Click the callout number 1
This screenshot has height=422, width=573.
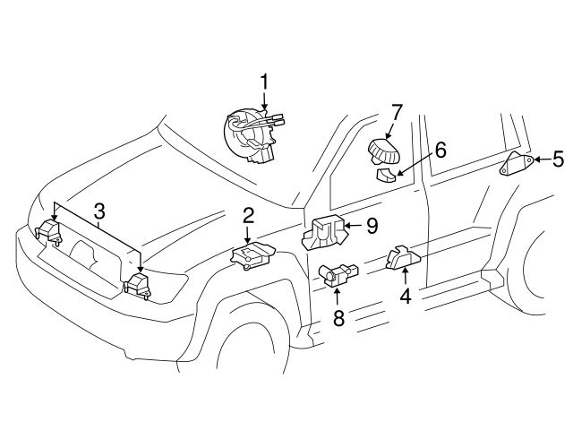[x=264, y=82]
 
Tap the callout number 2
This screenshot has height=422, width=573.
[x=248, y=216]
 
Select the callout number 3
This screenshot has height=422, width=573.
[x=98, y=211]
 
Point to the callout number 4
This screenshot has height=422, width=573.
[x=406, y=296]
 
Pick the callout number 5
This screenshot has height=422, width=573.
[x=558, y=159]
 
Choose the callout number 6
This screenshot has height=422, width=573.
[x=440, y=150]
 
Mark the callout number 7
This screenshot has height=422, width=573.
[x=397, y=112]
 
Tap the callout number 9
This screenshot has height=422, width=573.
[x=372, y=226]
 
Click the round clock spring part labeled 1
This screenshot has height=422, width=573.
[x=252, y=135]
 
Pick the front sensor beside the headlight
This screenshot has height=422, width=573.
[x=137, y=285]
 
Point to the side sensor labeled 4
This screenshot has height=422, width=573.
[x=404, y=257]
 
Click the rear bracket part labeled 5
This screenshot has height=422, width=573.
[x=517, y=164]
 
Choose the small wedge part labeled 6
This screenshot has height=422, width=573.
[x=386, y=175]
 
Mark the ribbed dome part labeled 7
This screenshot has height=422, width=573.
[x=383, y=151]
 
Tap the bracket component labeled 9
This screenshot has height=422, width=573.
[x=324, y=232]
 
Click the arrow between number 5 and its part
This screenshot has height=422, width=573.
[x=543, y=159]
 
